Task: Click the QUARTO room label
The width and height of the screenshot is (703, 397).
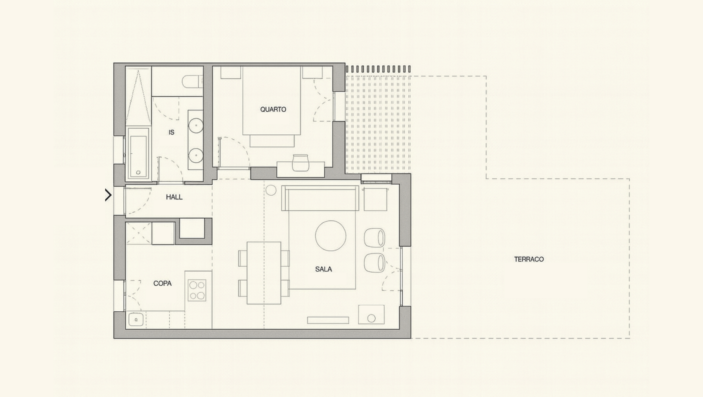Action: tap(273, 110)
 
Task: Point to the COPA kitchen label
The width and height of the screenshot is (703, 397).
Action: tap(162, 283)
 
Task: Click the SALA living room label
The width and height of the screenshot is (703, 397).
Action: tap(323, 269)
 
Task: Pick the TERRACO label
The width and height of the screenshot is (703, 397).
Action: tap(529, 259)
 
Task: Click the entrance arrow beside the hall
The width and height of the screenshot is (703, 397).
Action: tap(108, 195)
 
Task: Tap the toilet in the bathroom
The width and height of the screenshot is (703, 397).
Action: tap(192, 82)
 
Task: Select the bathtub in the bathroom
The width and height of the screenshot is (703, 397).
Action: tap(138, 153)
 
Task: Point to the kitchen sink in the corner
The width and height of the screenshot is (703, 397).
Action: tap(136, 320)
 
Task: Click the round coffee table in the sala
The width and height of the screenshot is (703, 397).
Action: tap(331, 236)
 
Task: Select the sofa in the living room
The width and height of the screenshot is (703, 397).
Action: tap(320, 198)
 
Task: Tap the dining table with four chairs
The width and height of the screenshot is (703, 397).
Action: tap(264, 273)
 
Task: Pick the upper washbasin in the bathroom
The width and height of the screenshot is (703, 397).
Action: tap(196, 126)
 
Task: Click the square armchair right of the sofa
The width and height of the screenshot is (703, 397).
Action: tap(376, 199)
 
